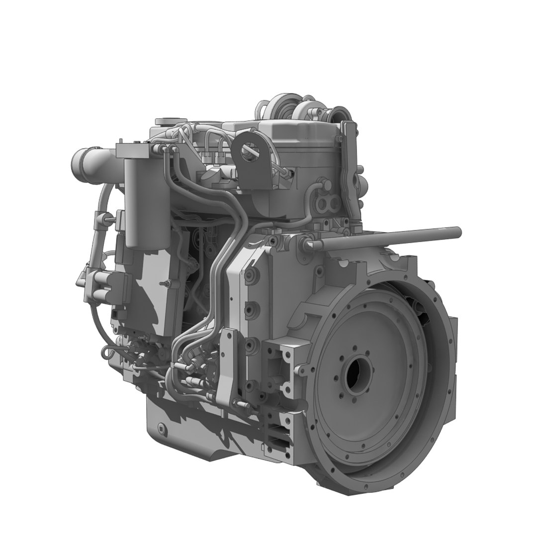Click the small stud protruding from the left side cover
point(164,283)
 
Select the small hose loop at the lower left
point(107,353)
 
